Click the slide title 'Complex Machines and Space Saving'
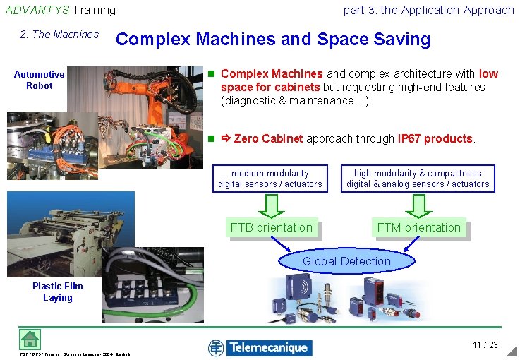pyautogui.click(x=273, y=40)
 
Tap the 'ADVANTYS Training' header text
pyautogui.click(x=61, y=10)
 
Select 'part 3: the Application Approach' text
pyautogui.click(x=428, y=10)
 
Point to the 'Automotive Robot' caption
pyautogui.click(x=40, y=80)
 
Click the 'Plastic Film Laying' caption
pyautogui.click(x=57, y=292)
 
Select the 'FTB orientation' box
pyautogui.click(x=271, y=227)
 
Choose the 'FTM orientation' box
pyautogui.click(x=418, y=227)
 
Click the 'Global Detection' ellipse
pyautogui.click(x=346, y=261)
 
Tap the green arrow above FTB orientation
pyautogui.click(x=271, y=205)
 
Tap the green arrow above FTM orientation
pyautogui.click(x=418, y=205)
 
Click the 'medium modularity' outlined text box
pyautogui.click(x=270, y=179)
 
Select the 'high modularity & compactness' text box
pyautogui.click(x=418, y=179)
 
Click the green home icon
pyautogui.click(x=30, y=339)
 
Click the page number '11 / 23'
pyautogui.click(x=485, y=345)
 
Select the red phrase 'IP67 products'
pyautogui.click(x=435, y=139)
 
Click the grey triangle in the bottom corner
pyautogui.click(x=513, y=352)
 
